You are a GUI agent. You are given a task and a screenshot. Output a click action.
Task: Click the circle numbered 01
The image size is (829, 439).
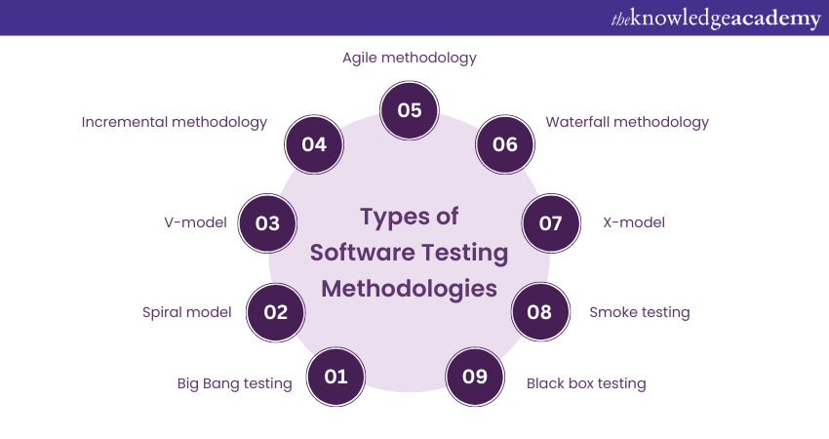[336, 376]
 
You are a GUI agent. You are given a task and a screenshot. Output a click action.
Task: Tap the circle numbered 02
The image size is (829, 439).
[276, 312]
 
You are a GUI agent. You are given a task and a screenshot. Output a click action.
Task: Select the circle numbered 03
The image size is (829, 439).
[267, 222]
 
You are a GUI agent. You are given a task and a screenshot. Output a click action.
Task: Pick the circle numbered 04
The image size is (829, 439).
[313, 144]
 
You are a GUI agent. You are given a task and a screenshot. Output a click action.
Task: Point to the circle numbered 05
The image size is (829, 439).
[409, 109]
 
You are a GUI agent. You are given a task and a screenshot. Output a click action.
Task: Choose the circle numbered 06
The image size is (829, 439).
[504, 144]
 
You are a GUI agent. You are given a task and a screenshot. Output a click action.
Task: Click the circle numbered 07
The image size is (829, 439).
[551, 222]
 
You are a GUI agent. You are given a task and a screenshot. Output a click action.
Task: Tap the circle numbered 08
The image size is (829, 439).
[539, 312]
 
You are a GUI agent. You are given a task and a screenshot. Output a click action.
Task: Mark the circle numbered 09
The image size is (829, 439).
[475, 376]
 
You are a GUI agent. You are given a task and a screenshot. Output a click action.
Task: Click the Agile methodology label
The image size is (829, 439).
[410, 58]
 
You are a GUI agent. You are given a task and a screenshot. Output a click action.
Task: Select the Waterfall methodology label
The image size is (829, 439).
[627, 122]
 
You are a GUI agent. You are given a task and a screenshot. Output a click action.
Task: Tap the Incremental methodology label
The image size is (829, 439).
[175, 122]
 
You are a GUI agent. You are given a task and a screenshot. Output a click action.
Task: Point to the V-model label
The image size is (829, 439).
[195, 222]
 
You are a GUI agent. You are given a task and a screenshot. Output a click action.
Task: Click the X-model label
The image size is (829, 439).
[634, 222]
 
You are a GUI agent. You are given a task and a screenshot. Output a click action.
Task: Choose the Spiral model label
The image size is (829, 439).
[187, 312]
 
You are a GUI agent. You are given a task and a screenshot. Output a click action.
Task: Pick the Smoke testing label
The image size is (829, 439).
[640, 312]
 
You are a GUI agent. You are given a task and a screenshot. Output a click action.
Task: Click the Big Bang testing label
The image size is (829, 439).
[235, 383]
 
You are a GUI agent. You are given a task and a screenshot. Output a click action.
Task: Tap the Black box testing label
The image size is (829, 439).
[586, 383]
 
